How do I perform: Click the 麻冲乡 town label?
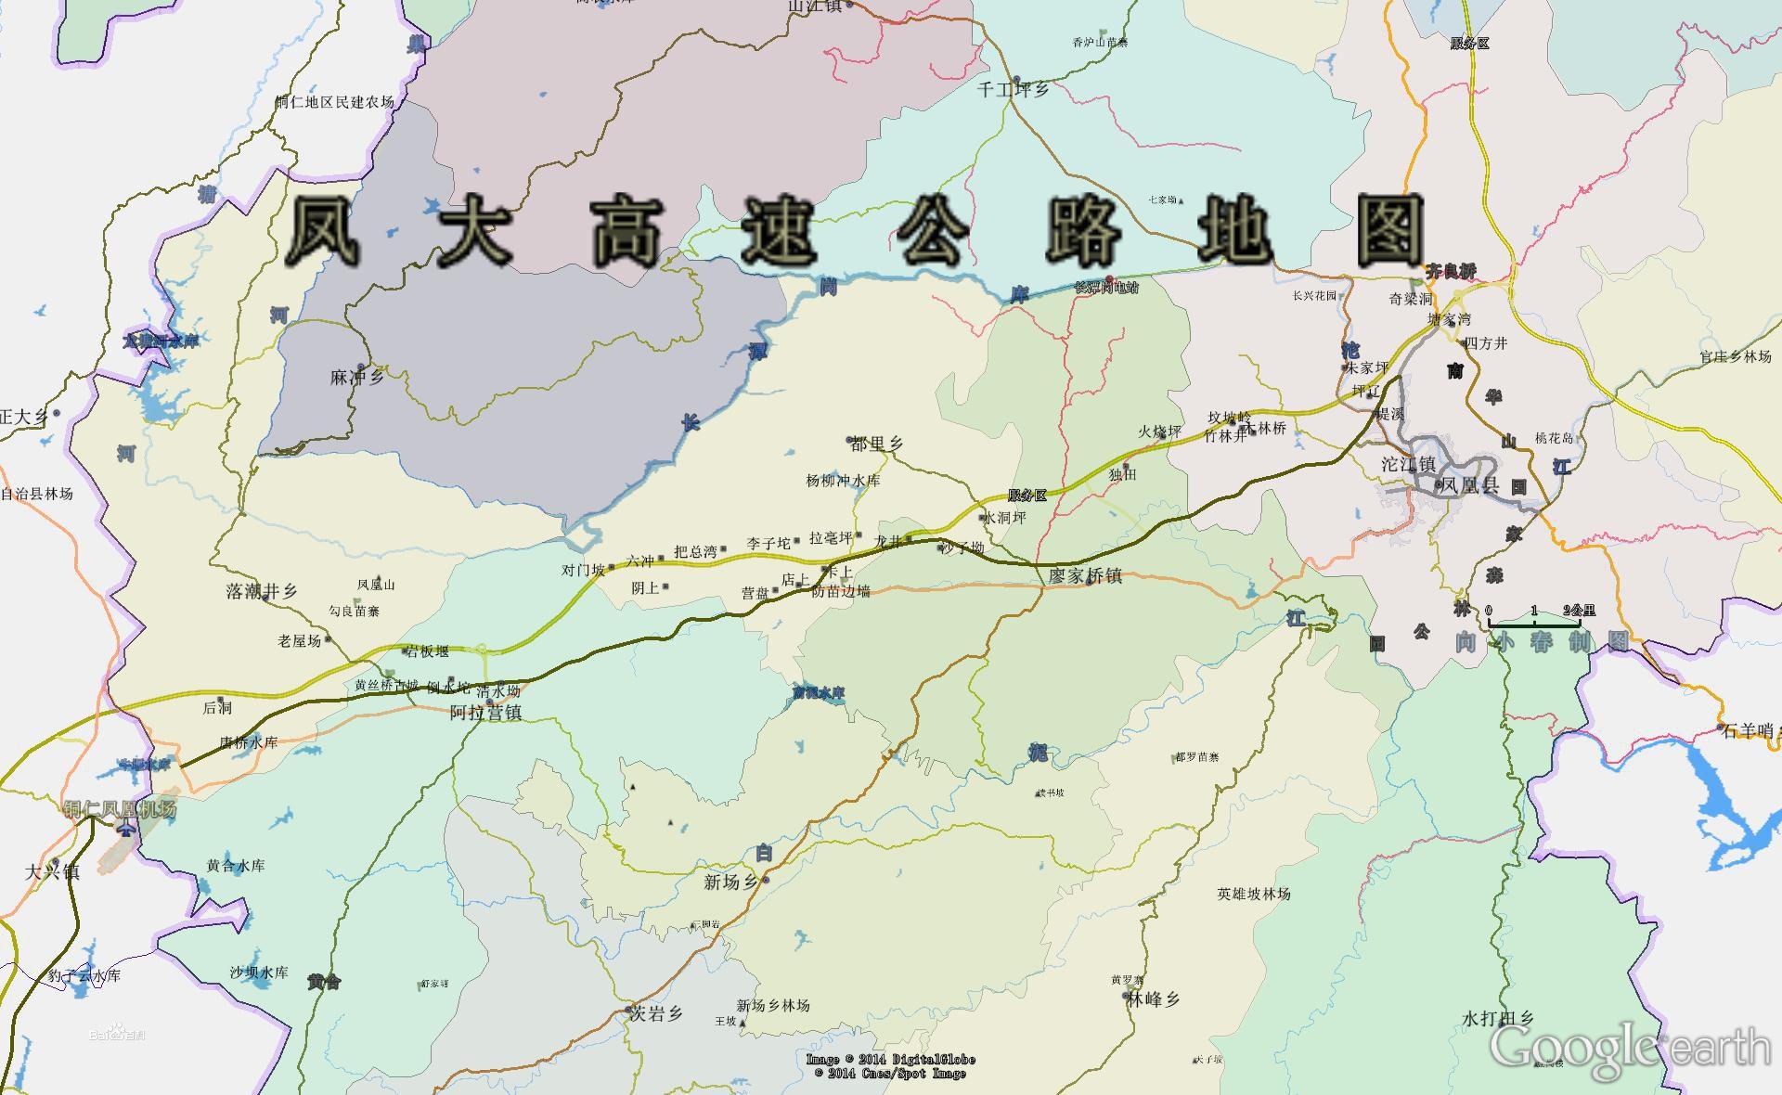pyautogui.click(x=357, y=378)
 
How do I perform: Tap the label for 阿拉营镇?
pyautogui.click(x=485, y=713)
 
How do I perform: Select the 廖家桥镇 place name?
pyautogui.click(x=1085, y=576)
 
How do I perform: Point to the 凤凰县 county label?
pyautogui.click(x=1471, y=485)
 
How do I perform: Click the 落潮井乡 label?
pyautogui.click(x=262, y=591)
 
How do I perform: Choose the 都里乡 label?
pyautogui.click(x=876, y=444)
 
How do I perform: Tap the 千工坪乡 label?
pyautogui.click(x=1014, y=90)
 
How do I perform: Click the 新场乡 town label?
pyautogui.click(x=731, y=882)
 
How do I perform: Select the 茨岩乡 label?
pyautogui.click(x=657, y=1014)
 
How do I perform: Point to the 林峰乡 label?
pyautogui.click(x=1153, y=999)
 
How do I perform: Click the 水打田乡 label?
pyautogui.click(x=1498, y=1019)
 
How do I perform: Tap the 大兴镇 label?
pyautogui.click(x=52, y=871)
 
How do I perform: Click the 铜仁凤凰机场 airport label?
pyautogui.click(x=120, y=809)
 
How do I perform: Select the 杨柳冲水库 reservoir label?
pyautogui.click(x=843, y=481)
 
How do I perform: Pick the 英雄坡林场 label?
pyautogui.click(x=1254, y=894)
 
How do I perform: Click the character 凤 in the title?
pyautogui.click(x=323, y=230)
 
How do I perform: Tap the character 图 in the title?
pyautogui.click(x=1390, y=230)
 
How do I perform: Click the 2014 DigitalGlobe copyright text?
pyautogui.click(x=890, y=1059)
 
